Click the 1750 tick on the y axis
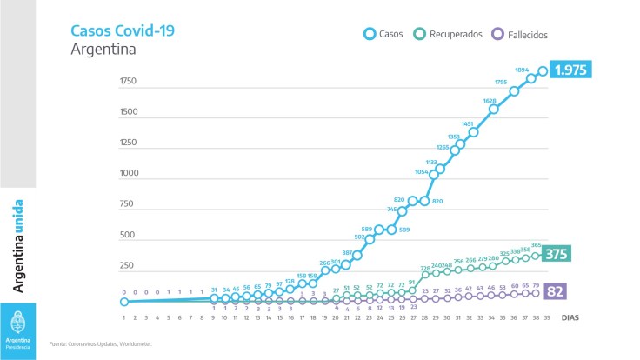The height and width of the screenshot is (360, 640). (129, 81)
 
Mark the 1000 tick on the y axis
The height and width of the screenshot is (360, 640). (129, 173)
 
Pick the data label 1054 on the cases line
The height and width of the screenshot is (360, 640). (423, 171)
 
